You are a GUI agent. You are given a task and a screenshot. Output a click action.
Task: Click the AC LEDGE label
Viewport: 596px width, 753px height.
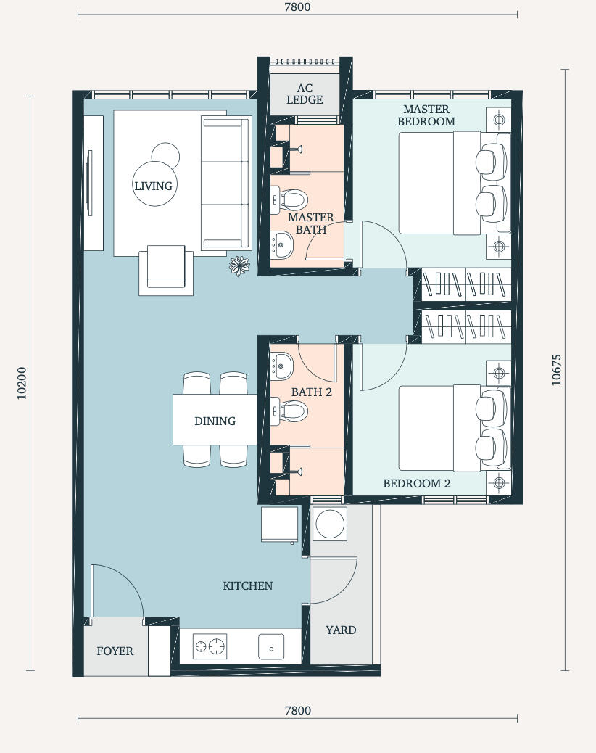(305, 94)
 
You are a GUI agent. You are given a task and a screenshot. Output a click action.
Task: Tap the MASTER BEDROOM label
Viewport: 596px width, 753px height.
(426, 115)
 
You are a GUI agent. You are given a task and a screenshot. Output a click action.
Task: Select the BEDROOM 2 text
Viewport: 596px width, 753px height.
(416, 484)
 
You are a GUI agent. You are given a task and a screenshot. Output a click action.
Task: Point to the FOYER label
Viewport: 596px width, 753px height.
(115, 651)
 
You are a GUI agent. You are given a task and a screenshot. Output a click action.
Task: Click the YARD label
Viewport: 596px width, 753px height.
(341, 630)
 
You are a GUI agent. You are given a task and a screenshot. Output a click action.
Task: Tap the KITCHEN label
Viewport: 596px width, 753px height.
(248, 586)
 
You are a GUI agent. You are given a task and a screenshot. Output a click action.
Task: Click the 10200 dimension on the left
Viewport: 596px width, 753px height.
(22, 383)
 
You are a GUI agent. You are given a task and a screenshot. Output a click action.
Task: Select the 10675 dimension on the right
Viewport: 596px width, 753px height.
(556, 370)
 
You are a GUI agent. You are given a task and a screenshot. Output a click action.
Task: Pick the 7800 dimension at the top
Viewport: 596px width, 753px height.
(297, 7)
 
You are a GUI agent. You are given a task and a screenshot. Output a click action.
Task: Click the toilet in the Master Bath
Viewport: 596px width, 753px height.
(289, 199)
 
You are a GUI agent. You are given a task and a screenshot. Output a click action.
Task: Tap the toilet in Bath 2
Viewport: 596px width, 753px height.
(289, 411)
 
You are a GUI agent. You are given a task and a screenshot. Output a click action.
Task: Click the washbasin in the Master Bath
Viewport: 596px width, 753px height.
(281, 245)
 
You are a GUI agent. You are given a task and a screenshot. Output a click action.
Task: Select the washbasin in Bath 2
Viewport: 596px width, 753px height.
(281, 366)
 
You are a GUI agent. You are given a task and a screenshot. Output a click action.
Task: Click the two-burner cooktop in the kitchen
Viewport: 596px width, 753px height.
(210, 646)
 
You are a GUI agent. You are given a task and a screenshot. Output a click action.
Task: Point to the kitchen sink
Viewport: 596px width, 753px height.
(271, 647)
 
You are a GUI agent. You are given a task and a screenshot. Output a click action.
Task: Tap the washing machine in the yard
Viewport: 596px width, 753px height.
(330, 524)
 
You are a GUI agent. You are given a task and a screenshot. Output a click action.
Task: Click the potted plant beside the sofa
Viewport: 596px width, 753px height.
(239, 266)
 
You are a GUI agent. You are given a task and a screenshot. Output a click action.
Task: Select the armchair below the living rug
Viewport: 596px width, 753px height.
(166, 270)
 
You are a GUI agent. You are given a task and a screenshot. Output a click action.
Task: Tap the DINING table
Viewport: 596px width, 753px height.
(215, 420)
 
